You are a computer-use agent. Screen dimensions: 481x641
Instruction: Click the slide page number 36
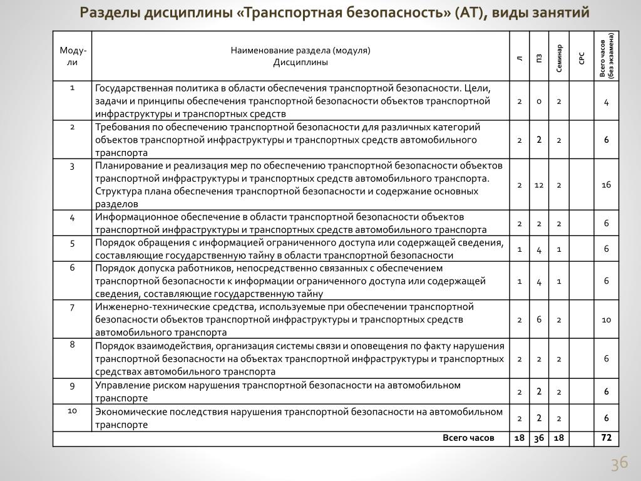point(619,464)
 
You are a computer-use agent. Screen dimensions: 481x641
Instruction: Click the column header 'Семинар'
point(559,57)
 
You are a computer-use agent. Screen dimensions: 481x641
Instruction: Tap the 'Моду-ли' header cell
point(73,56)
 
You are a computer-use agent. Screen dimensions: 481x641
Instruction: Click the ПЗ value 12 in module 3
point(538,185)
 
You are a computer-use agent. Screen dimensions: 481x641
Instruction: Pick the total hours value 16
point(606,185)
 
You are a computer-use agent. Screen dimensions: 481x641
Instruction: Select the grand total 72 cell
point(606,438)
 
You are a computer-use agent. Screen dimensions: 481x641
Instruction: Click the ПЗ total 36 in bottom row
point(538,438)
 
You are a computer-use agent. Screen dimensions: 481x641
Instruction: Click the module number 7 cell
point(73,308)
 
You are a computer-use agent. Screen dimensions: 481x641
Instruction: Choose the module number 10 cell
point(73,411)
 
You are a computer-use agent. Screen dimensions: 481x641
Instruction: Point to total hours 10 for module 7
point(606,320)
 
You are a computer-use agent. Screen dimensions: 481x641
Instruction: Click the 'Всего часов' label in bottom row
point(468,438)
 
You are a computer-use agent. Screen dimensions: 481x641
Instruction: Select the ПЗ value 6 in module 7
point(538,320)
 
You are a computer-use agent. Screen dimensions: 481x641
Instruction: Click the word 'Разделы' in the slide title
point(109,14)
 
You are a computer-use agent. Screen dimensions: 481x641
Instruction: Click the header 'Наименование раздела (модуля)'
point(300,51)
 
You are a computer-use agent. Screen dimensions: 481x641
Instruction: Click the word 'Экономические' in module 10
point(126,411)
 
